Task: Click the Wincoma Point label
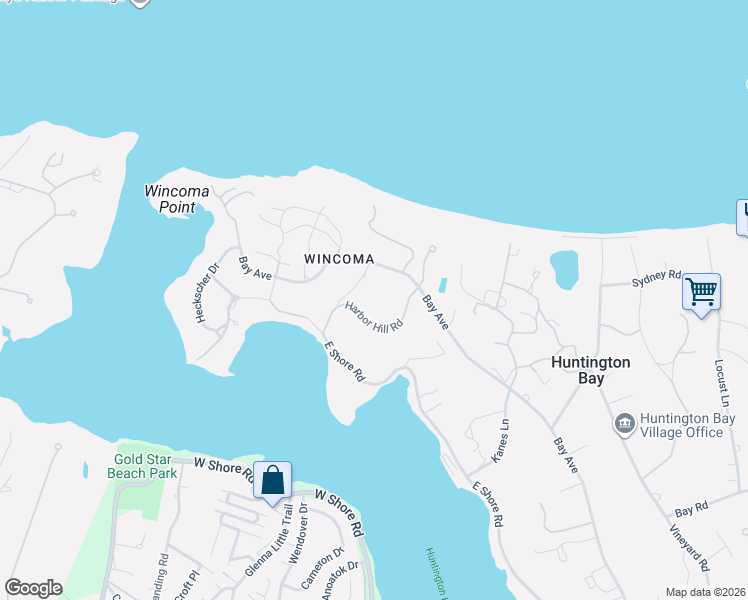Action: pos(176,198)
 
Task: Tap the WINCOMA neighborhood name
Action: pos(339,259)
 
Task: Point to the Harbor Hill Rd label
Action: pos(374,317)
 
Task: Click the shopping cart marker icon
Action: pos(701,292)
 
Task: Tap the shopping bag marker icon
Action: pos(272,481)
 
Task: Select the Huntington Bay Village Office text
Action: pos(681,425)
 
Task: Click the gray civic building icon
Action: pos(625,425)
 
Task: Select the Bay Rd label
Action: pos(690,507)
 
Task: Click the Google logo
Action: pos(33,588)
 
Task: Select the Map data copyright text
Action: pos(706,592)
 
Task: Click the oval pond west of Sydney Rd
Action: pos(564,268)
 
